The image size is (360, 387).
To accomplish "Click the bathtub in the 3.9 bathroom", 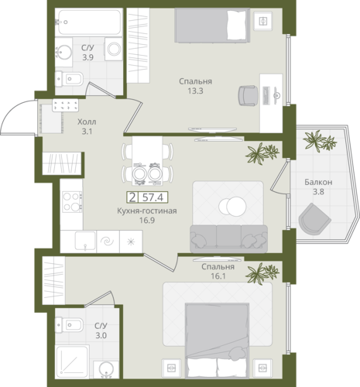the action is click(x=88, y=22).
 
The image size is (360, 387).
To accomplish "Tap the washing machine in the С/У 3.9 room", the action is click(x=114, y=49).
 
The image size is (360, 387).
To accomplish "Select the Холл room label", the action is click(x=87, y=122).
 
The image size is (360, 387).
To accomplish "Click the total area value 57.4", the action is click(x=153, y=197).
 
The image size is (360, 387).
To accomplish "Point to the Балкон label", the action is click(x=318, y=182).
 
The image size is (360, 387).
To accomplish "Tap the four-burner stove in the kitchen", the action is click(x=72, y=201).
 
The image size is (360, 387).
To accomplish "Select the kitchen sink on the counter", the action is click(x=85, y=241).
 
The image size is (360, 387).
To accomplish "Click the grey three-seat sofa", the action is click(x=228, y=238).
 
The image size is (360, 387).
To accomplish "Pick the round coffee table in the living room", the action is click(x=232, y=206).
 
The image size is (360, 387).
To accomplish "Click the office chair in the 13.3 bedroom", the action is click(x=248, y=95).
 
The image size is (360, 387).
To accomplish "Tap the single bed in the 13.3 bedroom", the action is click(x=212, y=26).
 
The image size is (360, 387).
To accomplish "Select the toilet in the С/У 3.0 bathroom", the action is click(x=69, y=325).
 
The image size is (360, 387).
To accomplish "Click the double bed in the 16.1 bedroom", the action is click(x=217, y=341).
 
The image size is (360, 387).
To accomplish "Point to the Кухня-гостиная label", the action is click(x=147, y=211).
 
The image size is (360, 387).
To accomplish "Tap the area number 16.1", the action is click(x=218, y=276).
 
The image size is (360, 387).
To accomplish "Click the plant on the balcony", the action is click(x=320, y=141).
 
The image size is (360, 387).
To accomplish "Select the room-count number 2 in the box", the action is click(x=132, y=197).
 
